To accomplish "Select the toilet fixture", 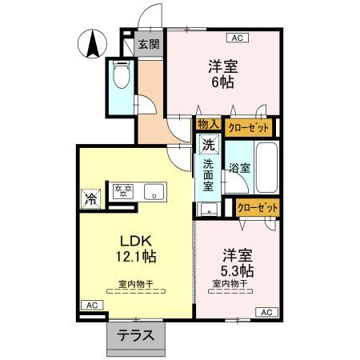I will tap(122, 76).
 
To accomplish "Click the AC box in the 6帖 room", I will tap(237, 37).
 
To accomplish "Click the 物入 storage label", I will tap(207, 124).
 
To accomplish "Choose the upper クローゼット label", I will tap(249, 126).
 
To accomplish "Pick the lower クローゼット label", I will tap(258, 207).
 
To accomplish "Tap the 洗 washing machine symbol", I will tap(207, 146).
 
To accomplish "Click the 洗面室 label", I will tap(207, 175).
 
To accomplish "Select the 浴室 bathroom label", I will tap(238, 169).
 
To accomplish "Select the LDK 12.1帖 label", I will tap(138, 249).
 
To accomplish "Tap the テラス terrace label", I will tap(137, 335).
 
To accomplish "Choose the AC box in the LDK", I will tap(92, 306).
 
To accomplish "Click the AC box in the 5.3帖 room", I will tap(266, 312).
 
